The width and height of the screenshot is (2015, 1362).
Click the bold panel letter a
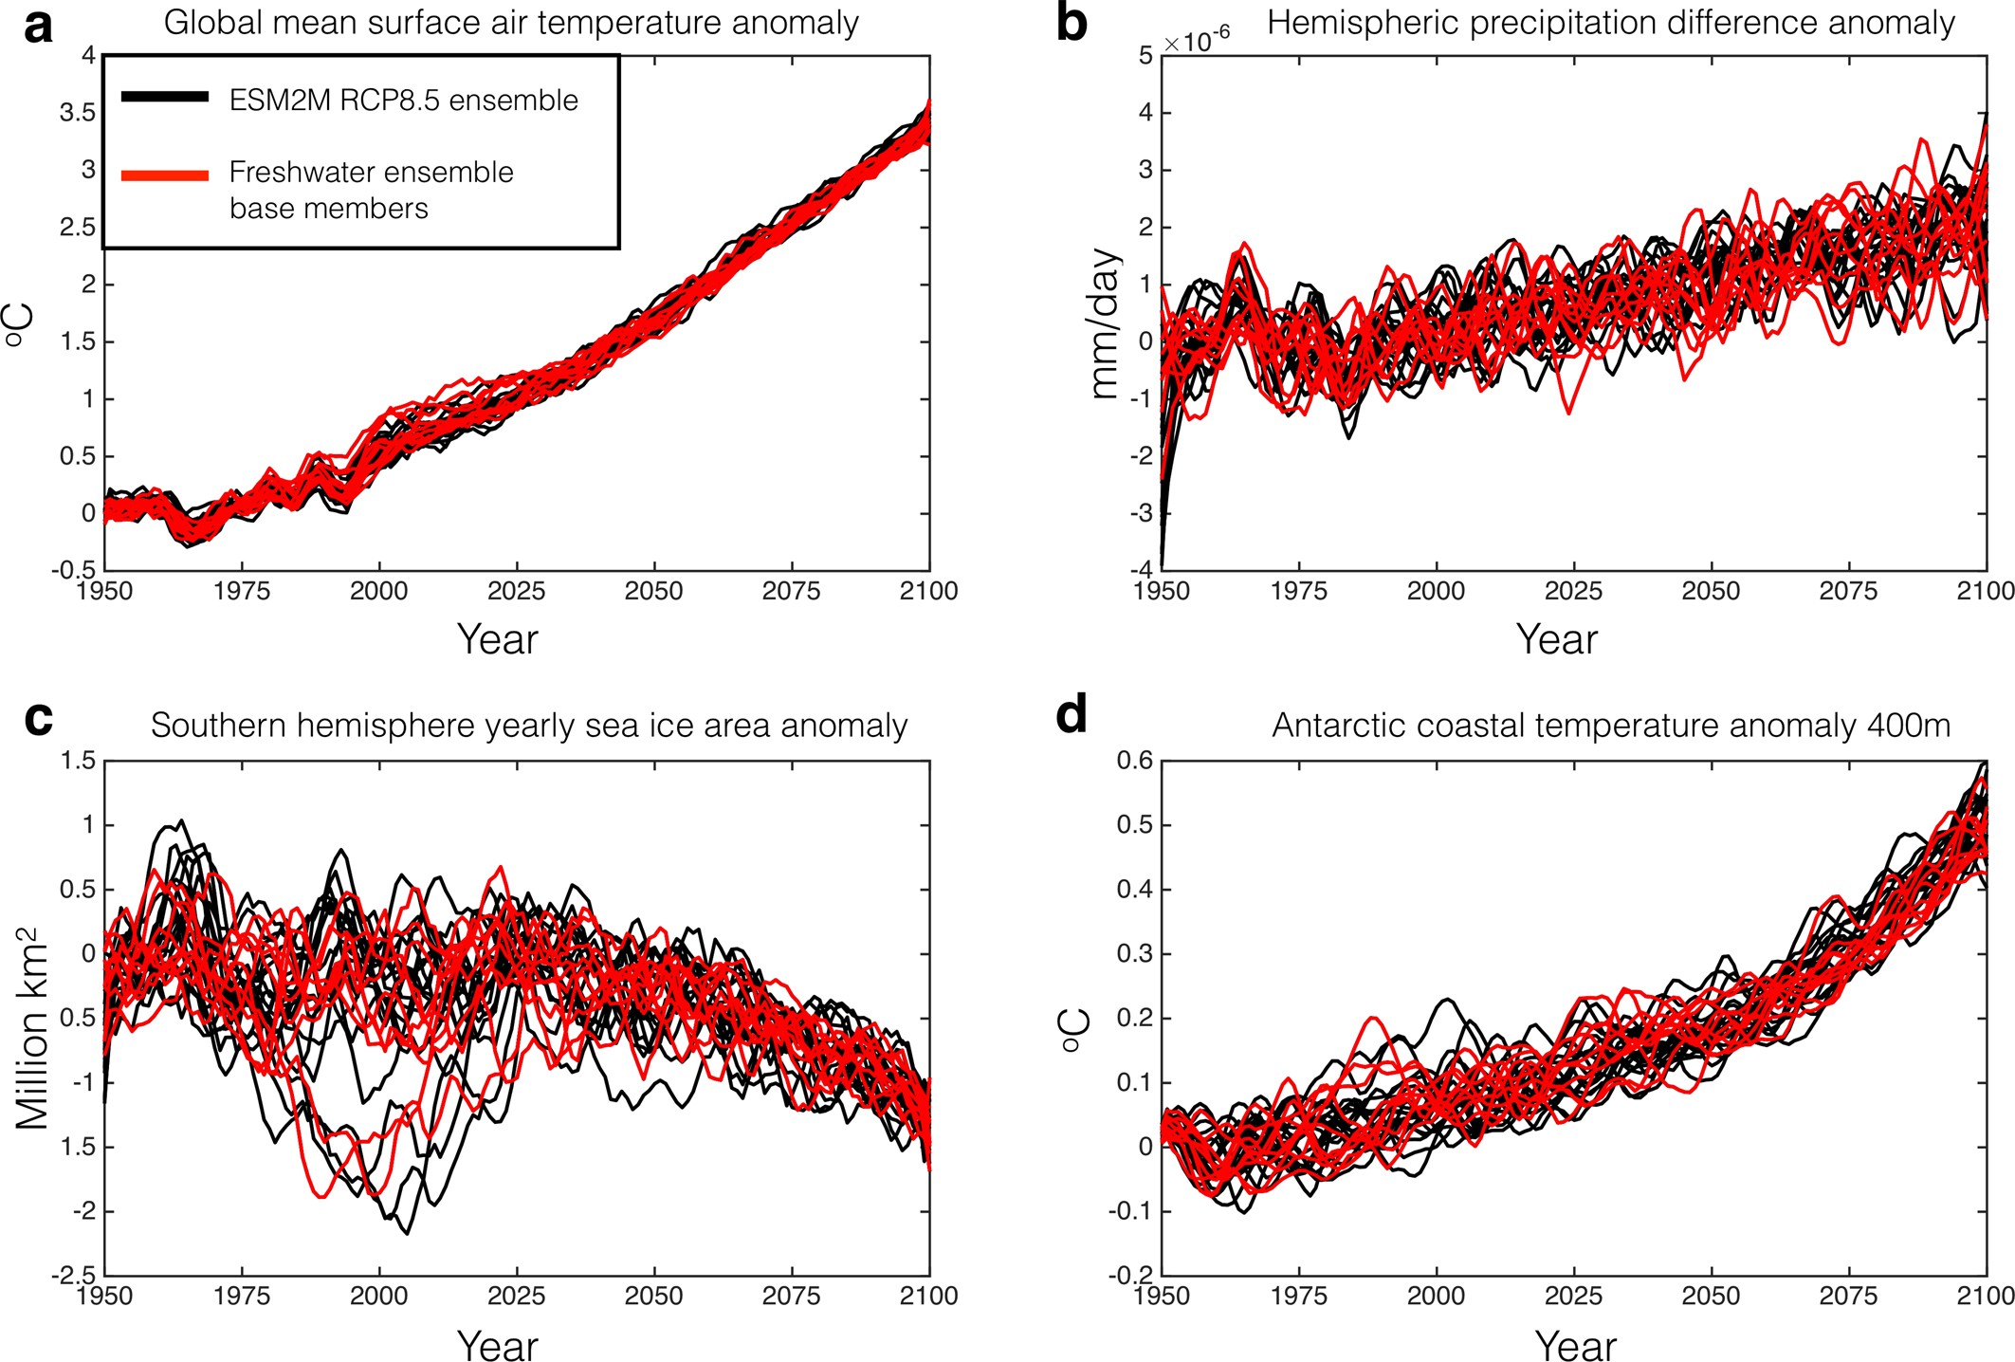pos(38,26)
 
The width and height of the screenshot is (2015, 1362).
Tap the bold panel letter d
pos(1072,713)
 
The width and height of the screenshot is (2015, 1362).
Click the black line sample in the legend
pos(165,97)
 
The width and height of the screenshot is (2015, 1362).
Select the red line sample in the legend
pos(165,175)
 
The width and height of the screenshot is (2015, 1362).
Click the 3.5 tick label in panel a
pos(78,113)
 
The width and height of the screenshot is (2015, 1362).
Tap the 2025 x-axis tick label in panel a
pos(516,592)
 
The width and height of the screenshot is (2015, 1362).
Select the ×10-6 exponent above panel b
pos(1197,41)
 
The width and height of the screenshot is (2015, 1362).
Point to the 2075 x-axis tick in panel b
pos(1848,592)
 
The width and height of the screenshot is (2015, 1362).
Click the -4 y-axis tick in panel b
pos(1143,571)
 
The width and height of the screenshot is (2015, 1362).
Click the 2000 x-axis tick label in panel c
pos(378,1296)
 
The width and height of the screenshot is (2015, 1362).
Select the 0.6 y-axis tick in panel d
pos(1134,761)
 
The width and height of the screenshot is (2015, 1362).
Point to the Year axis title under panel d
pos(1575,1345)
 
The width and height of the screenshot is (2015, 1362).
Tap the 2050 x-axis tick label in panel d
pos(1711,1296)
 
